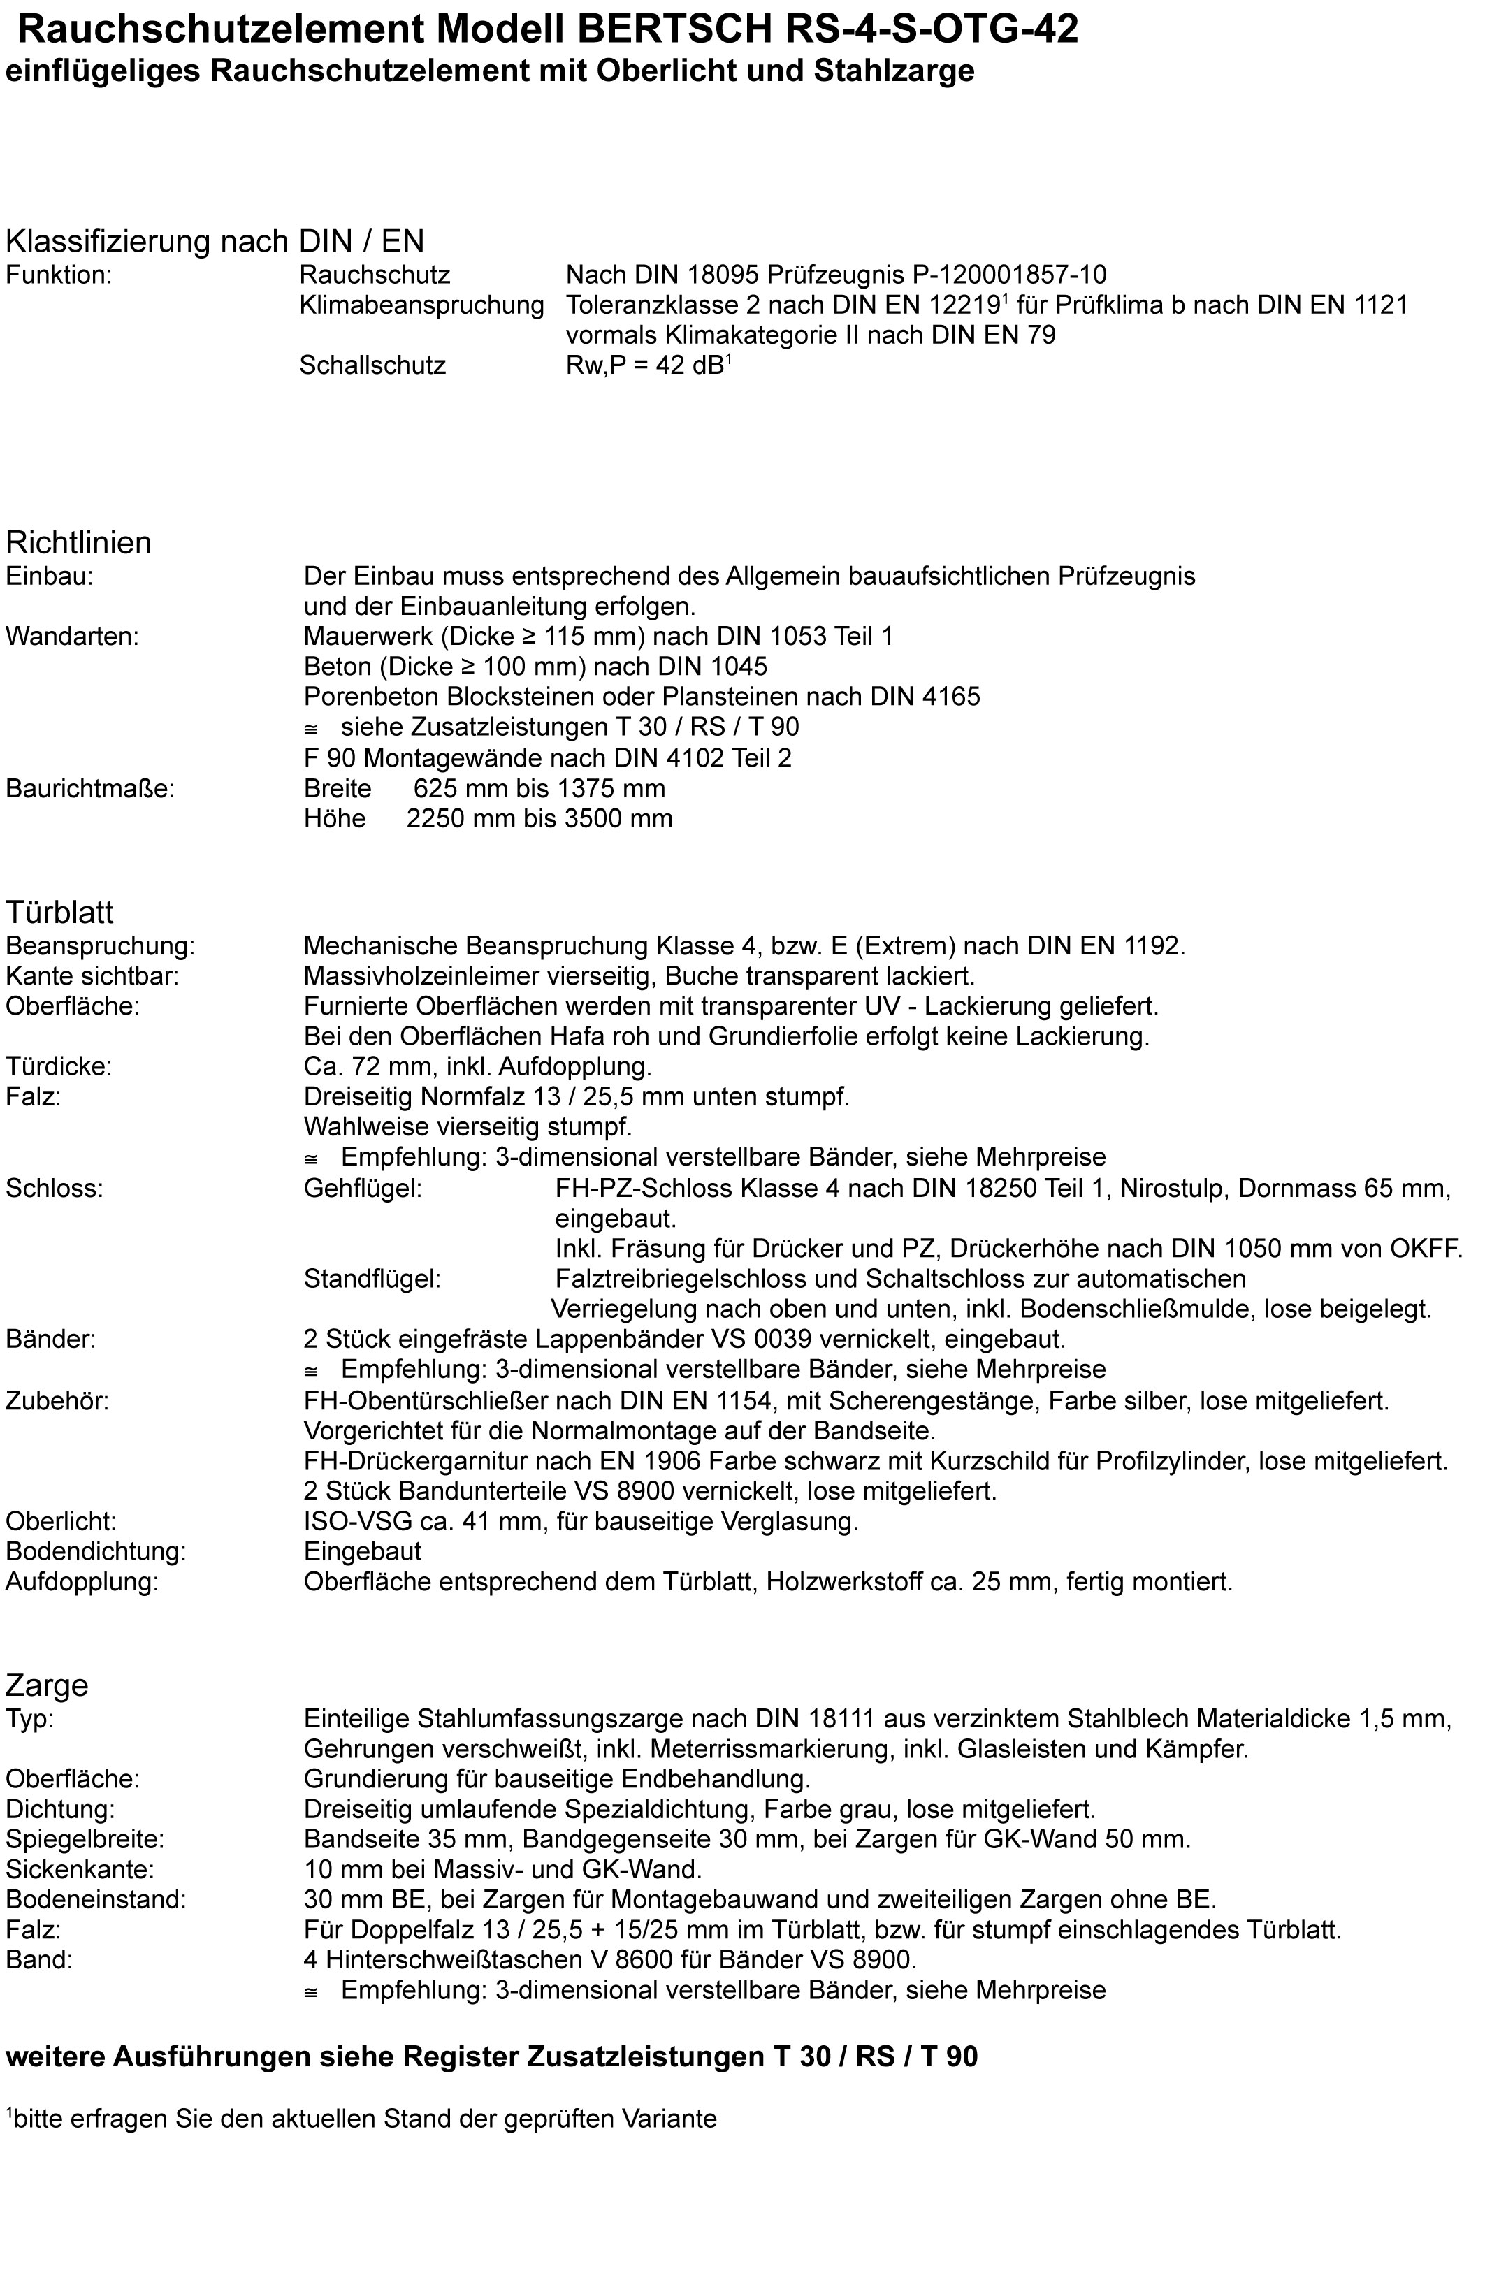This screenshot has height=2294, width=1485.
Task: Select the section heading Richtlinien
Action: click(x=78, y=543)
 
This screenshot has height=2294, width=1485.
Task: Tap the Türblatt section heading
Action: click(x=59, y=911)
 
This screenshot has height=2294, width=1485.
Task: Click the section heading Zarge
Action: click(x=46, y=1685)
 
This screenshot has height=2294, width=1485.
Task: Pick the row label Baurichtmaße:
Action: click(x=89, y=788)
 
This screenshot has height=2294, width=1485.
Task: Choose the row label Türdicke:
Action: click(x=59, y=1066)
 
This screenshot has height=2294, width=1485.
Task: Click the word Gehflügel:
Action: click(x=362, y=1189)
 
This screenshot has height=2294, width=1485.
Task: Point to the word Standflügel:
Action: click(x=372, y=1279)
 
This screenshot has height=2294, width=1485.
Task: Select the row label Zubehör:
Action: click(x=57, y=1400)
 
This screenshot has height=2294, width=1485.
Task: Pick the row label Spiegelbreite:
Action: click(x=85, y=1839)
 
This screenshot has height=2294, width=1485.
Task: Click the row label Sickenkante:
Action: click(x=80, y=1870)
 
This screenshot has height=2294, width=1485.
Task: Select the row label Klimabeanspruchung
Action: click(x=421, y=305)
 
